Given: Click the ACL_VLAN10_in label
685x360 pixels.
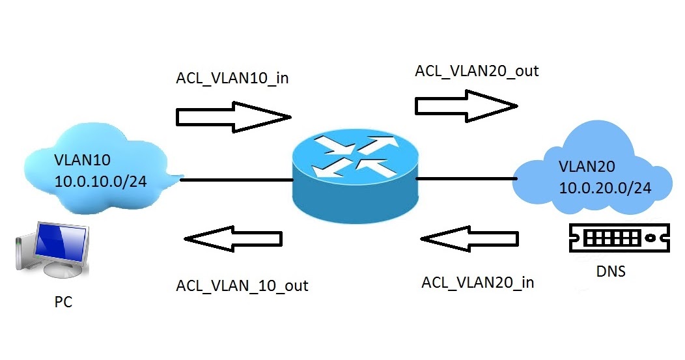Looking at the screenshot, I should point(232,78).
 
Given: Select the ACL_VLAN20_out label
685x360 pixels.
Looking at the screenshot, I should point(477,70).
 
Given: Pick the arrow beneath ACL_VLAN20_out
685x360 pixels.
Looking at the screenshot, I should point(466,104).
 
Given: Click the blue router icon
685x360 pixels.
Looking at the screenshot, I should point(354,176).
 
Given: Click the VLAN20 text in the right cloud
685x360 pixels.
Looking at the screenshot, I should point(585,167).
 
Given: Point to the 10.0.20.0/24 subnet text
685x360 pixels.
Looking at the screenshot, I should point(606,188).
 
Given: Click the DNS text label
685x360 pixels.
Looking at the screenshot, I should point(610,271).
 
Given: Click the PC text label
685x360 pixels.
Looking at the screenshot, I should point(64,303).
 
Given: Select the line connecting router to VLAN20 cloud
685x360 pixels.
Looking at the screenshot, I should point(465,178).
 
